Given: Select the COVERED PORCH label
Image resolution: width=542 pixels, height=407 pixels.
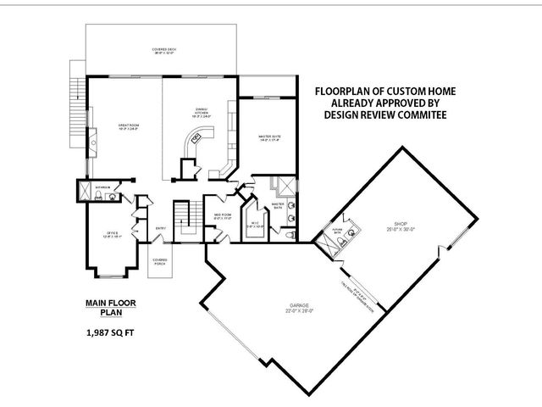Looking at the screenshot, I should click(x=159, y=262).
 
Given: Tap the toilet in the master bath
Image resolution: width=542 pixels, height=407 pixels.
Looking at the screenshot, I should click(x=290, y=235).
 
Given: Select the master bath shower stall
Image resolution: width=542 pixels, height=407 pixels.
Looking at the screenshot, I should click(x=285, y=185).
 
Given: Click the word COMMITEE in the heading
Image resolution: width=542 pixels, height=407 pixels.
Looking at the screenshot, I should click(x=418, y=113).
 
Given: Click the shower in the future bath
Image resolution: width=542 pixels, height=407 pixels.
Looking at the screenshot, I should click(x=325, y=243).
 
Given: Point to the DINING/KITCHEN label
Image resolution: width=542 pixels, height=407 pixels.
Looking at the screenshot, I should click(x=200, y=111).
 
